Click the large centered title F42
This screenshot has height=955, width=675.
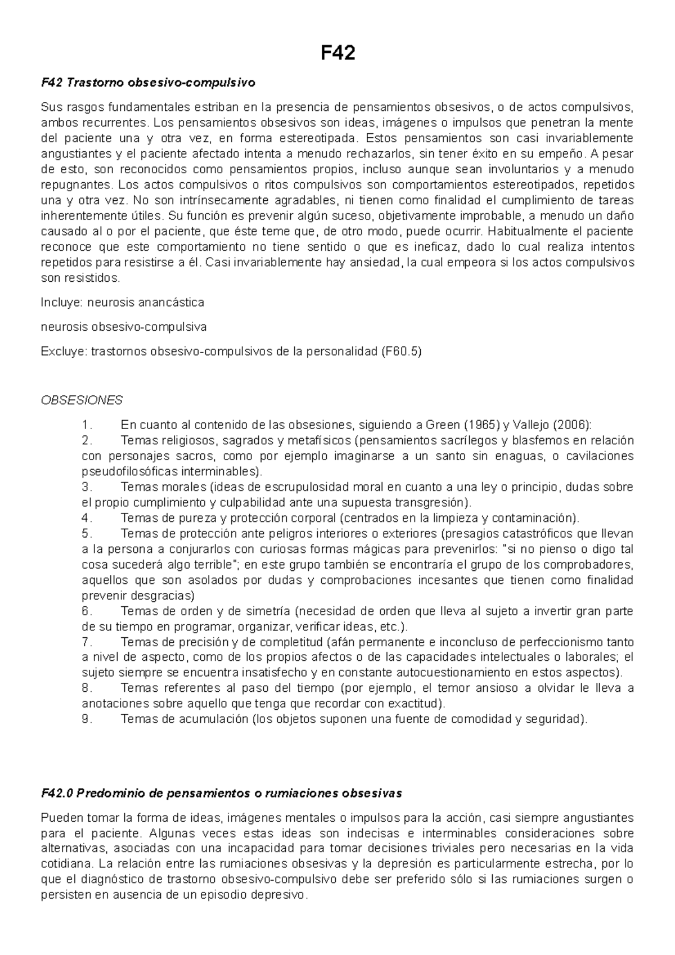click(x=337, y=54)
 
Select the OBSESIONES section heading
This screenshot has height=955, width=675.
click(x=82, y=400)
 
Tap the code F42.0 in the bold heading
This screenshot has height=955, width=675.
click(x=58, y=793)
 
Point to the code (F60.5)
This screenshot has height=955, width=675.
click(x=401, y=352)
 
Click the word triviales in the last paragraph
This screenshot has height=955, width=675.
click(x=437, y=849)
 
